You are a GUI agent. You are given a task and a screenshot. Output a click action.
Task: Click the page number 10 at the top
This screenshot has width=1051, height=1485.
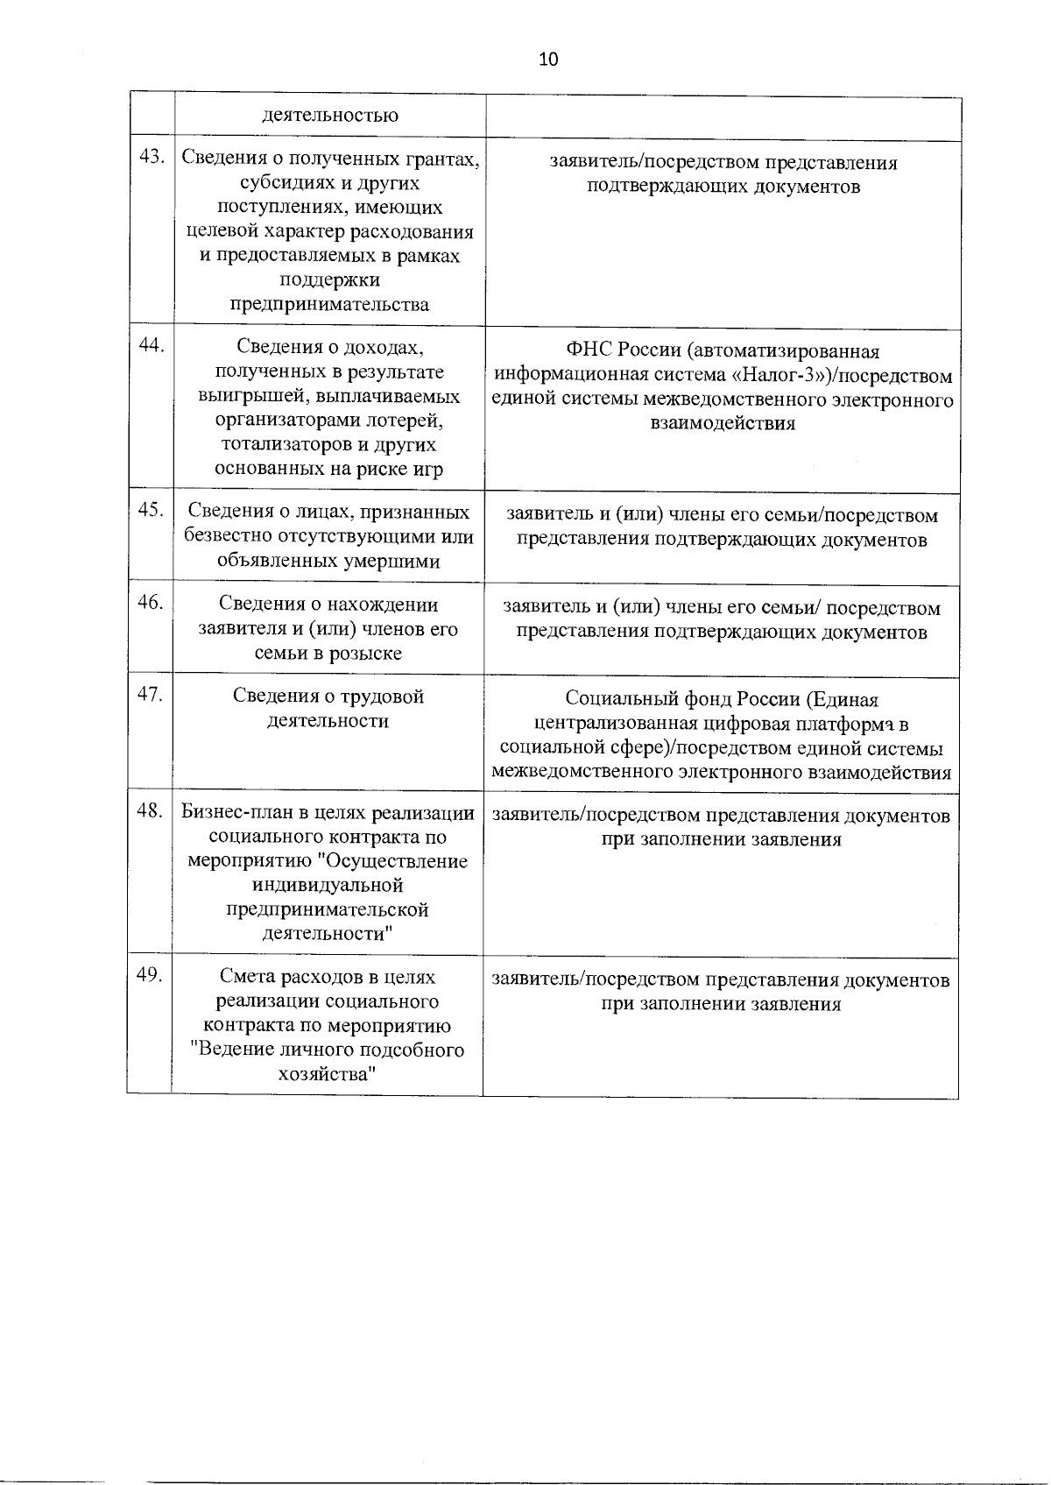(549, 60)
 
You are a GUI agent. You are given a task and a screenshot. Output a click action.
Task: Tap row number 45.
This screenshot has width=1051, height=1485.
(152, 510)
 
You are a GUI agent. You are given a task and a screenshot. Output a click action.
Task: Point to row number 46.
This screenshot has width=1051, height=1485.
(152, 603)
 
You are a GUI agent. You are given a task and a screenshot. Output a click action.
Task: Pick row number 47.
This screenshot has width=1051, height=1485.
(152, 695)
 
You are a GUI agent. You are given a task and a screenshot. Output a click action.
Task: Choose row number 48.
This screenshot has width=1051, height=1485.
(152, 811)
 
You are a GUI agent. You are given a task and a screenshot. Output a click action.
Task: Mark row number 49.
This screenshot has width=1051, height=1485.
(152, 975)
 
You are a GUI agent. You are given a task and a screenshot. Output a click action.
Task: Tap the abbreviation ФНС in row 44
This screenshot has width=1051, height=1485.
(590, 352)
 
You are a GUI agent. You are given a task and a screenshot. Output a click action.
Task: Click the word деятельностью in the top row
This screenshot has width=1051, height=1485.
(329, 116)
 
